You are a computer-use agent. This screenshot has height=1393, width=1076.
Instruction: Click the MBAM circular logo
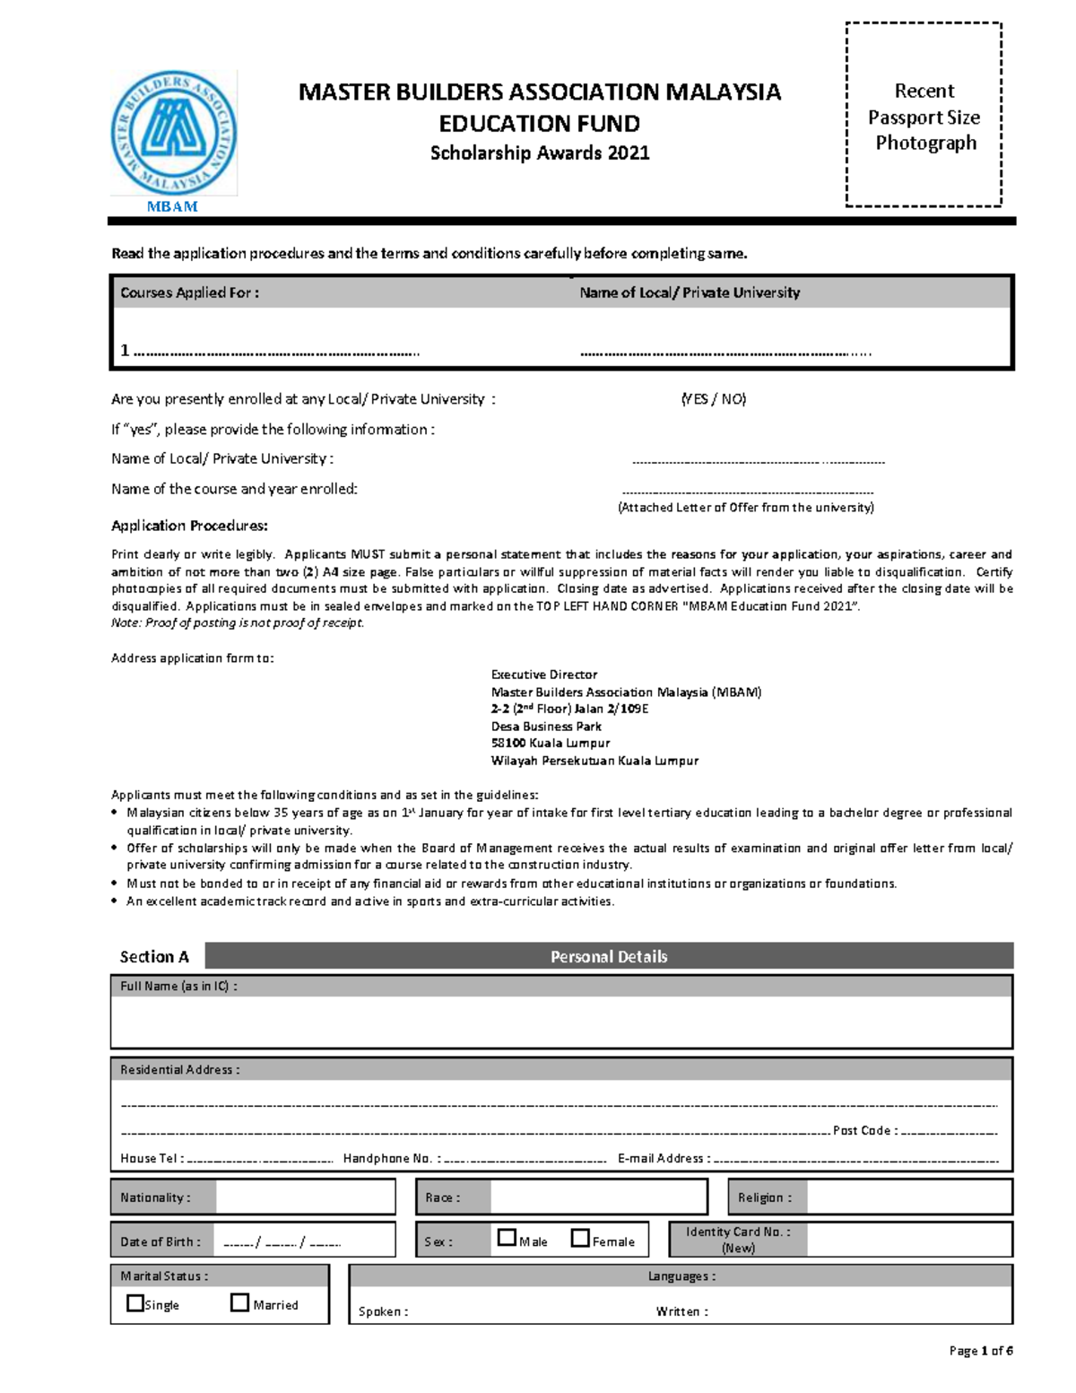pyautogui.click(x=173, y=133)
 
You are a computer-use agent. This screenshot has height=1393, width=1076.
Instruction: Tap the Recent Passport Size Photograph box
pyautogui.click(x=924, y=115)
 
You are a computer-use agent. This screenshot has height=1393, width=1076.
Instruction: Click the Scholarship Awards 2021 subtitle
pyautogui.click(x=540, y=153)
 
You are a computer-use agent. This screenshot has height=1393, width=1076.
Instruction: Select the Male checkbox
pyautogui.click(x=507, y=1238)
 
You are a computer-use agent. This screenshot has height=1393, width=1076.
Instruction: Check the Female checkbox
pyautogui.click(x=580, y=1238)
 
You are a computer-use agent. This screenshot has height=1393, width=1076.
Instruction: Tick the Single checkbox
pyautogui.click(x=135, y=1303)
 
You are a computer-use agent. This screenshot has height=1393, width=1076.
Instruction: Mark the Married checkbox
pyautogui.click(x=239, y=1302)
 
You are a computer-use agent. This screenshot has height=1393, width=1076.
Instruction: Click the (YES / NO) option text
pyautogui.click(x=713, y=399)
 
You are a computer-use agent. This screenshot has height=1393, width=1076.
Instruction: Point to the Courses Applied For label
pyautogui.click(x=190, y=292)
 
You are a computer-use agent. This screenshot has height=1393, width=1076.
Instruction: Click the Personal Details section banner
pyautogui.click(x=609, y=956)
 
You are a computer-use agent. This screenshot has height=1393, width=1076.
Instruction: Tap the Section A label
pyautogui.click(x=154, y=957)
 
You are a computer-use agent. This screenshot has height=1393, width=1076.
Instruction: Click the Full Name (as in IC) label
pyautogui.click(x=178, y=986)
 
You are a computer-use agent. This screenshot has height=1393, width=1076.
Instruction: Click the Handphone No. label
pyautogui.click(x=390, y=1158)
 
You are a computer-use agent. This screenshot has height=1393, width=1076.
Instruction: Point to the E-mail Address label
pyautogui.click(x=664, y=1158)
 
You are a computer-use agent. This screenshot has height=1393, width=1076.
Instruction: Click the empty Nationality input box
pyautogui.click(x=305, y=1197)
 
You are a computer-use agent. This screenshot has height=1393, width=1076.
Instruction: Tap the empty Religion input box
pyautogui.click(x=908, y=1197)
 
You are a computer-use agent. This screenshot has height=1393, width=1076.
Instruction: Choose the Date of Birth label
pyautogui.click(x=161, y=1241)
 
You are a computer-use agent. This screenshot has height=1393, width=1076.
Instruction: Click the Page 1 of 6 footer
pyautogui.click(x=980, y=1351)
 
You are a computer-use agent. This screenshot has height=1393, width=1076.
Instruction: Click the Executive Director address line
pyautogui.click(x=544, y=675)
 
